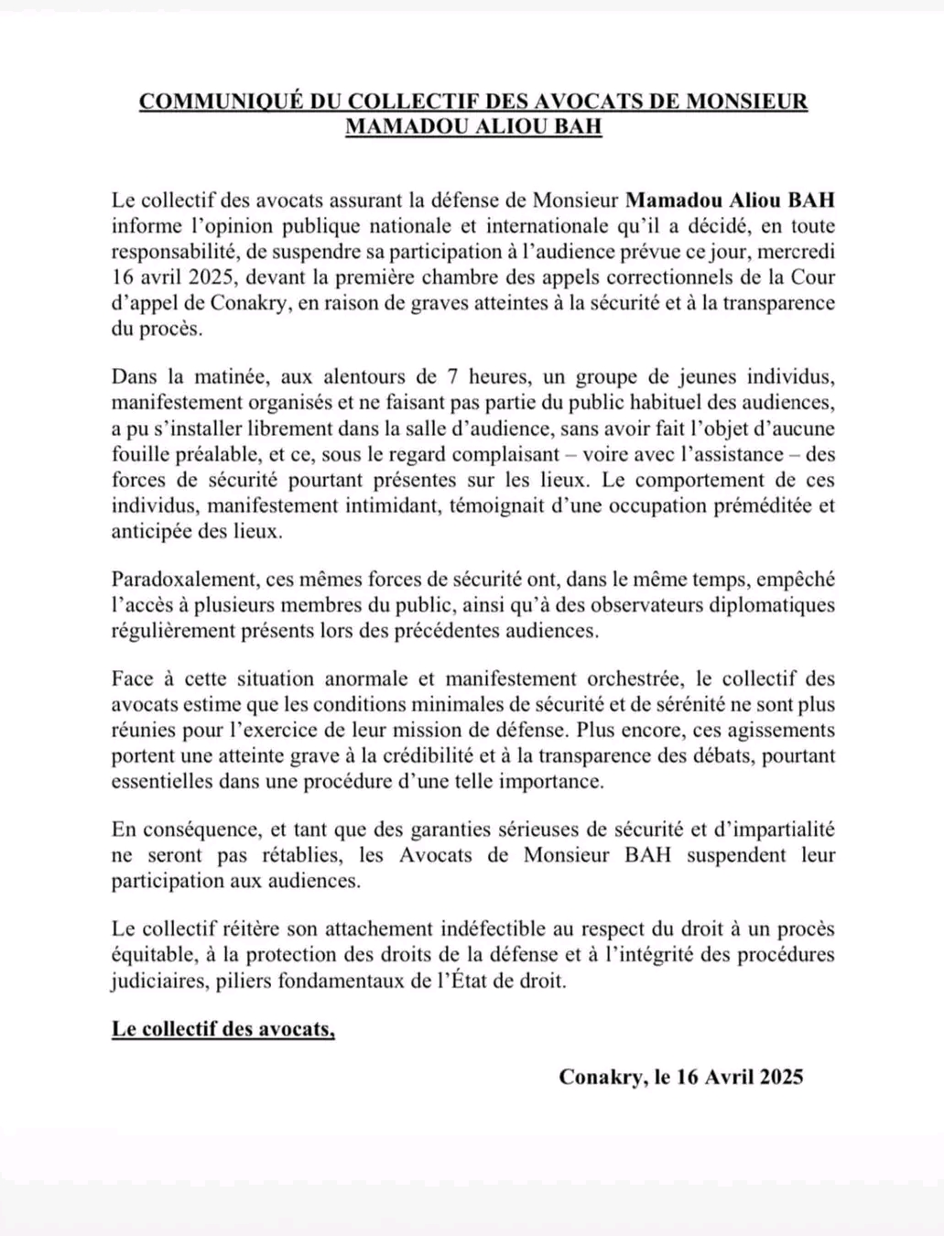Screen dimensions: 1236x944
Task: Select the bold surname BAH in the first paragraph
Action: (810, 200)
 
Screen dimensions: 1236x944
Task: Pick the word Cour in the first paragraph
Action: (813, 276)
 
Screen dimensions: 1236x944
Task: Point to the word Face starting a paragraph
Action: (134, 679)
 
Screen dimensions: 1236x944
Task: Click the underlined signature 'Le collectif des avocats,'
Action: (223, 1029)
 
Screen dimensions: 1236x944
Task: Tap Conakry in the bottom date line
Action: (603, 1077)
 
